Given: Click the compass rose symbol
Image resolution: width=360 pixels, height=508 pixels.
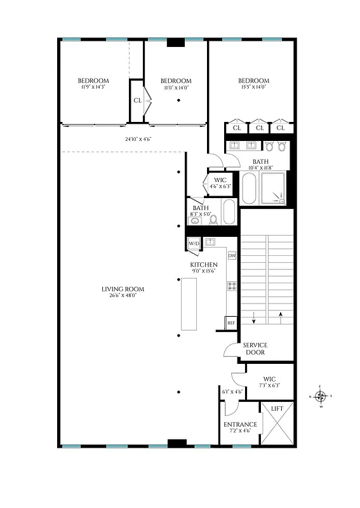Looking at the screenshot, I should pos(321,398).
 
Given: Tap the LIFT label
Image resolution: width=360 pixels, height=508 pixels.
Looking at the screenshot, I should pos(277,410).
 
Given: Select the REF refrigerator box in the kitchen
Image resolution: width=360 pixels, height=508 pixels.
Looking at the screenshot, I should pos(231,323).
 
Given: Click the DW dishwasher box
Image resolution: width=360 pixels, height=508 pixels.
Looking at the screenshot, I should pos(232,256).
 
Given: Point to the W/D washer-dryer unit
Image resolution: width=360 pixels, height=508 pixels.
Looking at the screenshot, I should pos(193,243).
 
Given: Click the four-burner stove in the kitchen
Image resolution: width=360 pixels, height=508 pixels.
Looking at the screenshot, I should pos(232,286).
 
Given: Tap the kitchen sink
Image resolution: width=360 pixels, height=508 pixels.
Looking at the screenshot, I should pos(211,242).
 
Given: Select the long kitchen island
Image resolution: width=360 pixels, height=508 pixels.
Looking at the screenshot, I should pos(189,304).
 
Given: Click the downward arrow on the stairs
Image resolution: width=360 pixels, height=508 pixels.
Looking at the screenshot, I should pos(254,316).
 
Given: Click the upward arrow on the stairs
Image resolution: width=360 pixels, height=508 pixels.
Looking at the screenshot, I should pos(280,316).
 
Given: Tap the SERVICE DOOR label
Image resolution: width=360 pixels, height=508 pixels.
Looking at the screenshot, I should pos(255,349).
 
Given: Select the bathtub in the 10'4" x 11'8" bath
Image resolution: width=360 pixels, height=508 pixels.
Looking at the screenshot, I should pos(249,189).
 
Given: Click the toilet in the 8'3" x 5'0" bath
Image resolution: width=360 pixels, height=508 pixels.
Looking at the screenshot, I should pos(214,220).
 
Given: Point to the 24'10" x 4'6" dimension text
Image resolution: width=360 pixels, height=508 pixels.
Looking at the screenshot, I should pos(138,139).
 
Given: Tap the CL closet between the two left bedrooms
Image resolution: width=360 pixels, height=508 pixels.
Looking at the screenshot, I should pos(137,100).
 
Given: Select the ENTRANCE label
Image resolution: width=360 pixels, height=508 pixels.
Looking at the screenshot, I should pos(240,424).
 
